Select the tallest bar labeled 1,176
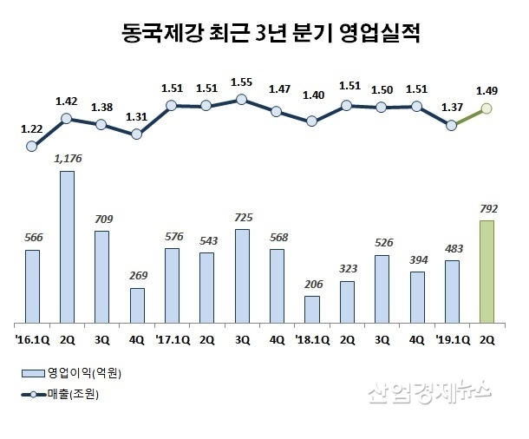[x=67, y=246]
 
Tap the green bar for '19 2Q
[x=487, y=271]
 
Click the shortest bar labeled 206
[x=312, y=309]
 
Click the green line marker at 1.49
[x=487, y=108]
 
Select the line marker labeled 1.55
[x=242, y=99]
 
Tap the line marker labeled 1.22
[x=32, y=147]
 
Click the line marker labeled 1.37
[x=452, y=125]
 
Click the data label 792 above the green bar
[x=487, y=207]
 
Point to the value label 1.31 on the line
[x=137, y=117]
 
